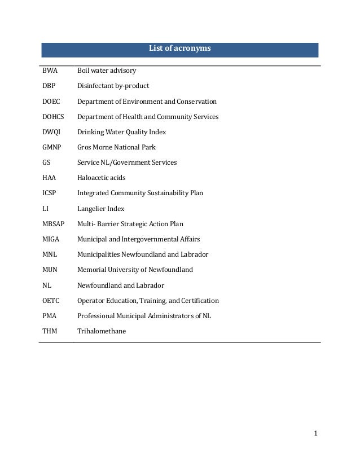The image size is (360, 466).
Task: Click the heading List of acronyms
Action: click(x=179, y=49)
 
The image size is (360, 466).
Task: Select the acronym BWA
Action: click(x=50, y=71)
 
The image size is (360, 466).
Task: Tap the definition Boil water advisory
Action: click(x=107, y=71)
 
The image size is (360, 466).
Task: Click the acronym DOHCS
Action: click(x=53, y=117)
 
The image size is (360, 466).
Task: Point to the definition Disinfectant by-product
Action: click(x=113, y=86)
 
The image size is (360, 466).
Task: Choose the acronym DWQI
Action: click(x=51, y=132)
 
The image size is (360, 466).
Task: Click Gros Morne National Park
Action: click(x=116, y=147)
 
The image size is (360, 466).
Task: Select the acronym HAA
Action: click(x=49, y=178)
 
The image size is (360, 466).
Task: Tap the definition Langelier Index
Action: click(x=100, y=209)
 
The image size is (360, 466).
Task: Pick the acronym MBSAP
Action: click(x=53, y=224)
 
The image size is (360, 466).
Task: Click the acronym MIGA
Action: click(x=51, y=239)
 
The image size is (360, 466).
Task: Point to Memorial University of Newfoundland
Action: click(x=135, y=270)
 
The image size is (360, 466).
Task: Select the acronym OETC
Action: click(x=51, y=301)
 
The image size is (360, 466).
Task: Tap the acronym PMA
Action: click(x=50, y=316)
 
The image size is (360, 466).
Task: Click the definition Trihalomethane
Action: click(x=102, y=331)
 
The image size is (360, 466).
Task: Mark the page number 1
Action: click(x=316, y=433)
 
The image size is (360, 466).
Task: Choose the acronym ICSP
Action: click(x=50, y=193)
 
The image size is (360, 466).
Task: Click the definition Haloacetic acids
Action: click(x=102, y=178)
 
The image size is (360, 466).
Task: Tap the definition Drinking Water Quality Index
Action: click(x=121, y=132)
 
